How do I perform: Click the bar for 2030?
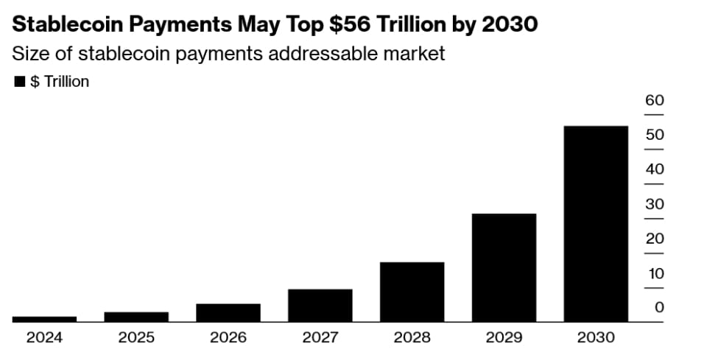(x=596, y=224)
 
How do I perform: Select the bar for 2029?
(x=504, y=267)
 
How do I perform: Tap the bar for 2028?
(x=412, y=292)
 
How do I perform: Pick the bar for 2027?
(x=320, y=305)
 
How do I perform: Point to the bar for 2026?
(x=228, y=312)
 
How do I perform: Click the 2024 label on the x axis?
(x=44, y=338)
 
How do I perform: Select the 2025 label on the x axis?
(x=136, y=338)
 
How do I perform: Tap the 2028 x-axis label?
(x=412, y=338)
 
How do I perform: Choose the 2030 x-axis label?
(x=596, y=338)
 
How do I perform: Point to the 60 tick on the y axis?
(x=655, y=101)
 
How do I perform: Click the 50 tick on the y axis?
(x=655, y=135)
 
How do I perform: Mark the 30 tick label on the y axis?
(x=655, y=205)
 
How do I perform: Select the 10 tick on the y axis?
(x=655, y=274)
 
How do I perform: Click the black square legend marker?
(x=20, y=82)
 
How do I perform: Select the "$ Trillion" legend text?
(x=59, y=82)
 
